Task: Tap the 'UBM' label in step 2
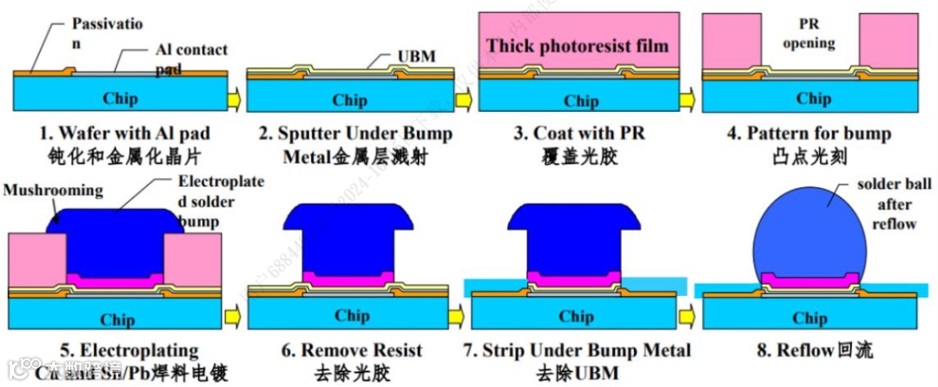pos(417,57)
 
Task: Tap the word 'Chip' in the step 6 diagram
pos(352,315)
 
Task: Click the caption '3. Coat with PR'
pos(581,134)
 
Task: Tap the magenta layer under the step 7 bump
pos(576,280)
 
